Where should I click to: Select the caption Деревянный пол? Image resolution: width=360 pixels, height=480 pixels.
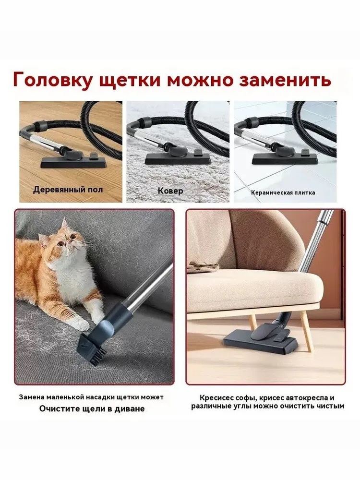point(68,190)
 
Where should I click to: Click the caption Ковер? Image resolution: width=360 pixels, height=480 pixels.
point(170,191)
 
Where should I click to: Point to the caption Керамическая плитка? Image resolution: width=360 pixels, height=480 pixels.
point(283,193)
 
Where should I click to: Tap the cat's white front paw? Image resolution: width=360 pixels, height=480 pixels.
point(83,324)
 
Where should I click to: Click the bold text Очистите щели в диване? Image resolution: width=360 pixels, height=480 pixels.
point(92,409)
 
